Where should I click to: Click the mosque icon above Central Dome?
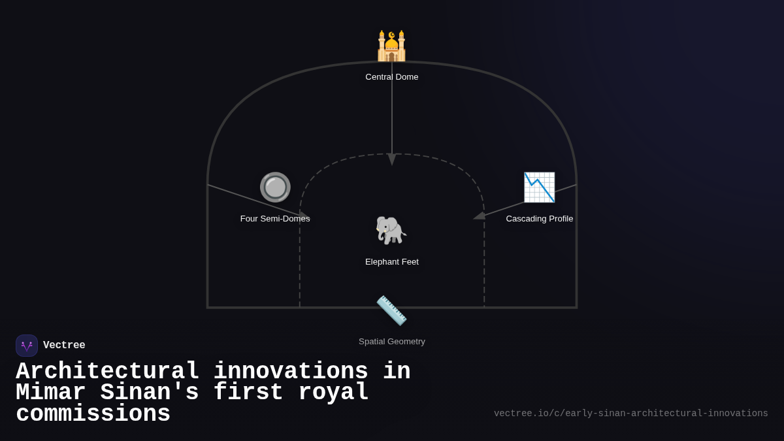pos(391,46)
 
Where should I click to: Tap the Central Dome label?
pos(392,77)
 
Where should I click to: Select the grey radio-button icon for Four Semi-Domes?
pos(275,188)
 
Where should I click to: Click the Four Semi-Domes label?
pos(275,219)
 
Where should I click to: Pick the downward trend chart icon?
pos(539,188)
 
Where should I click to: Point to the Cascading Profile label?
pos(539,219)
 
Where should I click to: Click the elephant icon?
pos(391,231)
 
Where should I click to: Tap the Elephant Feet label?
pos(392,262)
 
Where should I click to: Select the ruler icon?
pos(391,310)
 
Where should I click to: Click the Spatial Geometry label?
pos(392,342)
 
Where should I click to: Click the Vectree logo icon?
pos(27,346)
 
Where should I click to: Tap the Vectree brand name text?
pos(64,346)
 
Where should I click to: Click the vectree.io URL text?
pos(630,414)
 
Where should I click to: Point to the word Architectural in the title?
pos(108,372)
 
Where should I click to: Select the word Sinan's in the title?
pos(150,393)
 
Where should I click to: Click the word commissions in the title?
pos(93,414)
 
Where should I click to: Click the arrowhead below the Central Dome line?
pos(392,159)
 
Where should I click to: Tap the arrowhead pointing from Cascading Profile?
pos(480,215)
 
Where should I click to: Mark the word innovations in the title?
pos(291,372)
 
